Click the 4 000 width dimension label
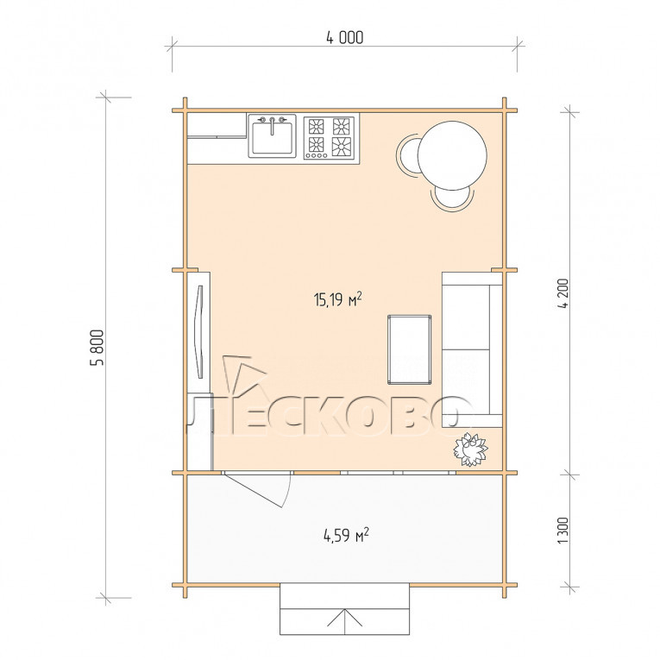click(x=345, y=37)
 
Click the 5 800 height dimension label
click(x=97, y=348)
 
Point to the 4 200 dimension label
click(x=563, y=293)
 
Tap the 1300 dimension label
click(x=563, y=531)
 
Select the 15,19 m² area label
click(x=337, y=299)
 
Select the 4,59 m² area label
click(x=346, y=536)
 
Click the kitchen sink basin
click(x=273, y=138)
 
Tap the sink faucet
click(x=273, y=124)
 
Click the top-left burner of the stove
click(x=316, y=126)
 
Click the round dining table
click(x=452, y=155)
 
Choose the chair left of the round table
click(x=406, y=155)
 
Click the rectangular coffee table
click(x=409, y=349)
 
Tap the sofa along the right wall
click(x=472, y=349)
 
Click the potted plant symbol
click(x=470, y=450)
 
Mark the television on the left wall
click(x=198, y=331)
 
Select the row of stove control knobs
click(x=316, y=156)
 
